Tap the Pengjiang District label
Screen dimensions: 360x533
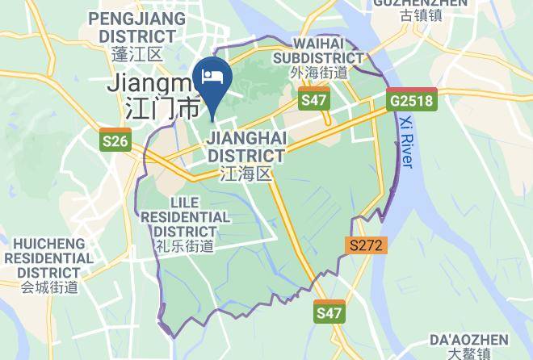[132, 27]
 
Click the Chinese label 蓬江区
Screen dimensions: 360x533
[137, 54]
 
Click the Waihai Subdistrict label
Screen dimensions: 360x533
[318, 50]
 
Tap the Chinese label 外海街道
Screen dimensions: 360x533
[318, 73]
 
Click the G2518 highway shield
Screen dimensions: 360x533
[412, 101]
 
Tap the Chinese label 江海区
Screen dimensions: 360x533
[246, 174]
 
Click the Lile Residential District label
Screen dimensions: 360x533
[186, 216]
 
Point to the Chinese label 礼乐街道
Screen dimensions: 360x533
[186, 246]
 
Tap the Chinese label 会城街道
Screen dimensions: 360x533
[50, 286]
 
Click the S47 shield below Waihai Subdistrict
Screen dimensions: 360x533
[313, 100]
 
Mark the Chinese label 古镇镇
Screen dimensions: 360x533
[420, 15]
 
